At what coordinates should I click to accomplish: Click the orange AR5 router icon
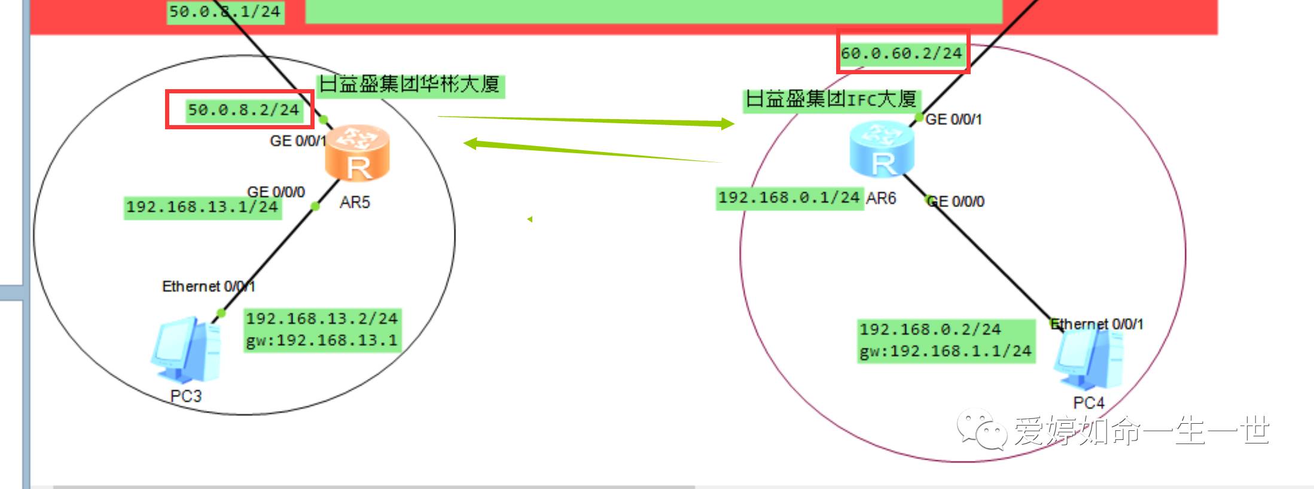(357, 153)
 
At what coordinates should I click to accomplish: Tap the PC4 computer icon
(1088, 360)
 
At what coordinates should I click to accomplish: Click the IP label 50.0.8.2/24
(243, 110)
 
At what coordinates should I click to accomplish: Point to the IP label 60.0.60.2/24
(901, 53)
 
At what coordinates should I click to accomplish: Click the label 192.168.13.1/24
(202, 207)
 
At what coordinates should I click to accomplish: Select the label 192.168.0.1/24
(789, 198)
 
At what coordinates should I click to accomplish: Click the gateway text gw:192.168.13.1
(322, 341)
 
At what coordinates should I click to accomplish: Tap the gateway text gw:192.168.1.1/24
(946, 351)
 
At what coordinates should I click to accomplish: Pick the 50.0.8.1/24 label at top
(225, 11)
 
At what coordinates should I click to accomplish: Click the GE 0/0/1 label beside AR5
(297, 141)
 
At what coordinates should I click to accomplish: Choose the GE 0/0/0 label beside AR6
(955, 202)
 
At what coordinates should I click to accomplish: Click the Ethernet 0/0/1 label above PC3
(208, 287)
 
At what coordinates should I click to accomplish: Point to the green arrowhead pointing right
(727, 124)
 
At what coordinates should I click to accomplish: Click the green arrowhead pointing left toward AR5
(471, 143)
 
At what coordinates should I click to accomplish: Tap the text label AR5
(355, 202)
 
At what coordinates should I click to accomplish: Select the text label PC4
(1089, 403)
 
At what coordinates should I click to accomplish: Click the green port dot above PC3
(221, 313)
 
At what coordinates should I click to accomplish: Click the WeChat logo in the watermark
(981, 429)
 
